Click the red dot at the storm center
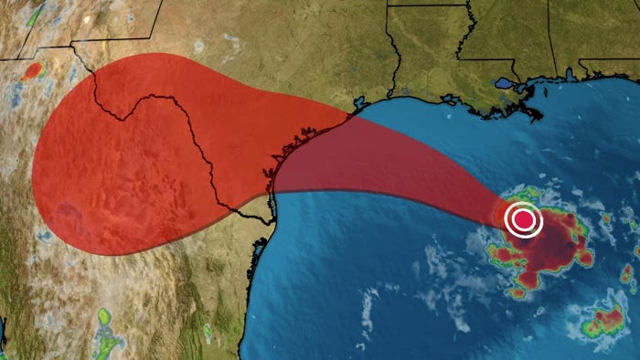click(x=524, y=220)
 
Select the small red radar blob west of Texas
click(x=33, y=69)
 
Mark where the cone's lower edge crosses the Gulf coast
click(x=272, y=193)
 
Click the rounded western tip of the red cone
click(x=35, y=174)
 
